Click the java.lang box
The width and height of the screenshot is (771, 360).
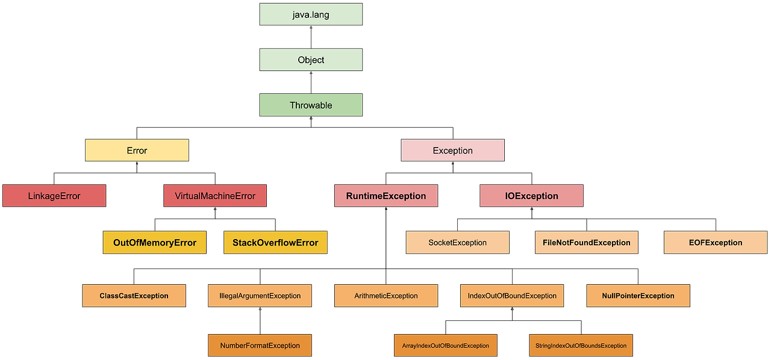tap(311, 14)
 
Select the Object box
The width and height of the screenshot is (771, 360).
tap(311, 60)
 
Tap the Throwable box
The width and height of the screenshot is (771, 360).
tap(311, 105)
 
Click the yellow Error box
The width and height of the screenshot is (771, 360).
tap(137, 151)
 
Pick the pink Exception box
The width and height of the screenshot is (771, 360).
tap(453, 151)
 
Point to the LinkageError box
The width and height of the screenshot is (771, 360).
tap(54, 196)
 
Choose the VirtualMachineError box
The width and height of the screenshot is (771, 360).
tap(215, 196)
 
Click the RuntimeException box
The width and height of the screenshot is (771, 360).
tap(385, 196)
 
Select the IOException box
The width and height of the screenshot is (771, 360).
tap(531, 196)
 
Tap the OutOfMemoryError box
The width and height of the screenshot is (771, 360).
tap(155, 243)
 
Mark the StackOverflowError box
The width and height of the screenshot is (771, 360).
tap(275, 243)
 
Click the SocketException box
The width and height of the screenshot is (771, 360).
tap(457, 243)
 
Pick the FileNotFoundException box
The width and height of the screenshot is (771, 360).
tap(586, 243)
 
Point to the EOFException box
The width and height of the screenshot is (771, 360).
tap(716, 243)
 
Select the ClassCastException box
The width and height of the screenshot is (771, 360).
tap(134, 296)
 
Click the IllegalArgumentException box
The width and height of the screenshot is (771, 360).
tap(260, 296)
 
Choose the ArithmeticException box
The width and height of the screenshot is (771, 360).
tap(385, 296)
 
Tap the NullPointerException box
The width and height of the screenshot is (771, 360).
tap(638, 296)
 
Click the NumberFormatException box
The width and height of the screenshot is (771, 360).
tap(260, 346)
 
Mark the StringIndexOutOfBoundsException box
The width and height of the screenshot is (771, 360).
tap(581, 346)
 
